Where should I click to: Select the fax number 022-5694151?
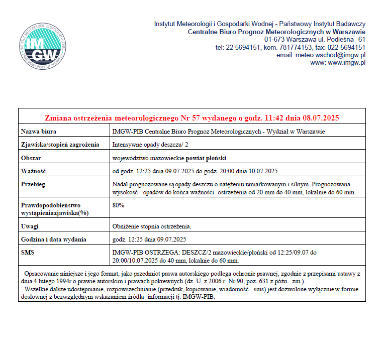tap(347, 47)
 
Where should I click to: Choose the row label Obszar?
tap(31, 158)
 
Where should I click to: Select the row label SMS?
tap(28, 252)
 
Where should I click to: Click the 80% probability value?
tap(119, 205)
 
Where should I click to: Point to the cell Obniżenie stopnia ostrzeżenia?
tap(152, 226)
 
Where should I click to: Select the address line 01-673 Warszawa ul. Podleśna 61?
tap(315, 39)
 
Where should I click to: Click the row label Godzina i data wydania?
tap(53, 239)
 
